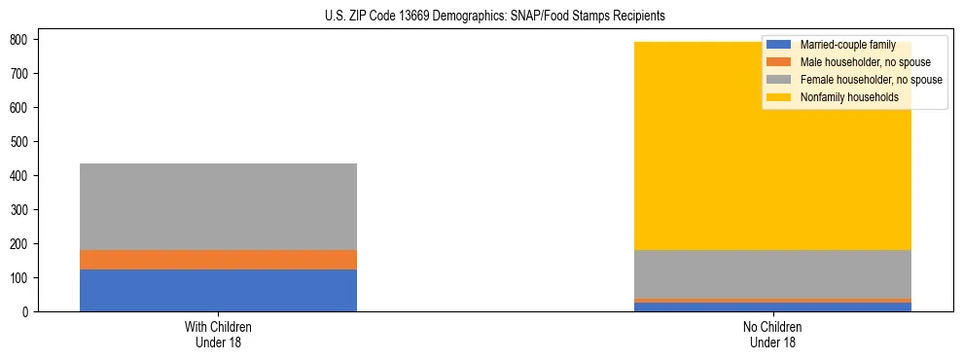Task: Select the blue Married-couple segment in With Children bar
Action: click(218, 290)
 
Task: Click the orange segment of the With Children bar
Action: click(218, 260)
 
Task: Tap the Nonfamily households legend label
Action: click(842, 97)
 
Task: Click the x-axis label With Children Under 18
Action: click(218, 334)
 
